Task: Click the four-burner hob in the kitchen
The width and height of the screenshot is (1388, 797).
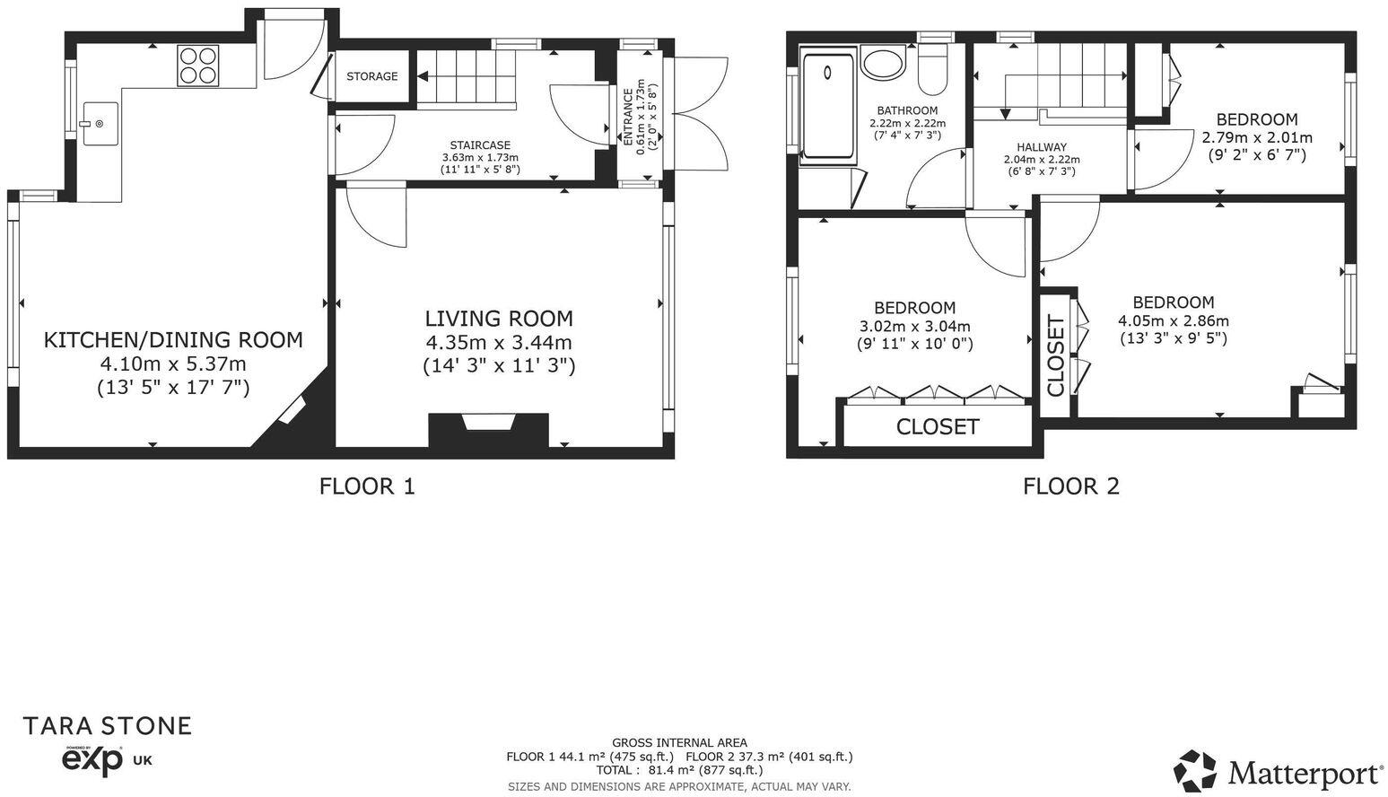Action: [198, 65]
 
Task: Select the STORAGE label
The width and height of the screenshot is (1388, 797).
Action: [371, 76]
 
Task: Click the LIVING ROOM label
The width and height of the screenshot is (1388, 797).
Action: [498, 319]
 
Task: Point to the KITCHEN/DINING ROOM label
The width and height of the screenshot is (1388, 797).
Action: [173, 340]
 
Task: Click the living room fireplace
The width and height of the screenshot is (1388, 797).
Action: [489, 428]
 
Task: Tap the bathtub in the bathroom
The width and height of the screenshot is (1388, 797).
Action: [828, 106]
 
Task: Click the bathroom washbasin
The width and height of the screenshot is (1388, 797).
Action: [884, 65]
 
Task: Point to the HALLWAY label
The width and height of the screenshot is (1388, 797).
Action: [1042, 147]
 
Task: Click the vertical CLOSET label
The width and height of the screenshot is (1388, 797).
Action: [1055, 355]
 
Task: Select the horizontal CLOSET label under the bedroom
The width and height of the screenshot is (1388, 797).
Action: [938, 426]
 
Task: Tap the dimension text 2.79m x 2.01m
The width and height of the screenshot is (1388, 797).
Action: [1256, 137]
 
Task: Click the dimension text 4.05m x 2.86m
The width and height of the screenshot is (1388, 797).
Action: [1173, 320]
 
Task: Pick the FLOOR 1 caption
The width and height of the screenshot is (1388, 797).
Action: [367, 486]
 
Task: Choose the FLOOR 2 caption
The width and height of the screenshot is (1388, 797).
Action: [1071, 486]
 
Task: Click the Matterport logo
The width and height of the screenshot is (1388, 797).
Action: [1279, 772]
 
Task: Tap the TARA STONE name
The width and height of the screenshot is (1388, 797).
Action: [107, 725]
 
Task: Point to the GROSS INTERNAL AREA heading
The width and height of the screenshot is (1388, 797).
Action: [679, 742]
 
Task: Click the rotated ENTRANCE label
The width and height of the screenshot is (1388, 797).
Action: [627, 117]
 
